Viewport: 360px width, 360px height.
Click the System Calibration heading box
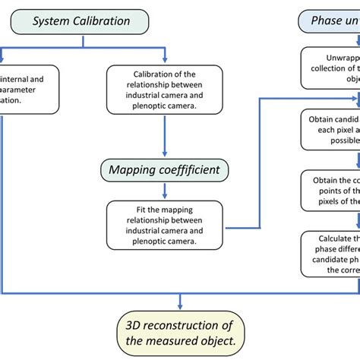coord(81,21)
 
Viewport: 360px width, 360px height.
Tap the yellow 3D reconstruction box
coord(180,333)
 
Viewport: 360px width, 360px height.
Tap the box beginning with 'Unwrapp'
coord(331,67)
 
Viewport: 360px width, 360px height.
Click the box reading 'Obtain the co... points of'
coord(331,191)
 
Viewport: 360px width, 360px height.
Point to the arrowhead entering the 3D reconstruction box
coord(180,305)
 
